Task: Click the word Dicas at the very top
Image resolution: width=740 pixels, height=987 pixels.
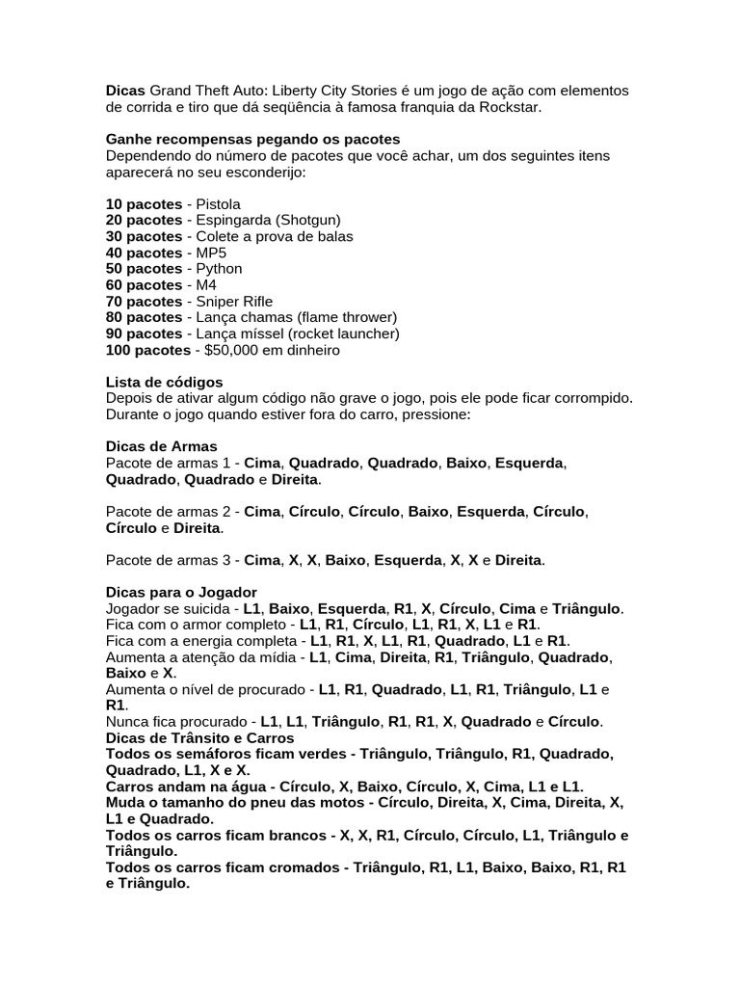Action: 125,91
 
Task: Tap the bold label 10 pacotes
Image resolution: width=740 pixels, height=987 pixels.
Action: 144,204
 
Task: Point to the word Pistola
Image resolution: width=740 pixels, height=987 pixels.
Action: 219,204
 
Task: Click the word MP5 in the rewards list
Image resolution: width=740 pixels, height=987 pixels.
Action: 211,253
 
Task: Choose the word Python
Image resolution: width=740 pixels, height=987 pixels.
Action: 219,269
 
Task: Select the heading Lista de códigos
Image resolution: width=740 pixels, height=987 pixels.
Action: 164,383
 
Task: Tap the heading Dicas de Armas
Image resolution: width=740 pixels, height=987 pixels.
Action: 161,447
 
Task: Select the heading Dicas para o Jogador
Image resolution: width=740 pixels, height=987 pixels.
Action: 181,593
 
